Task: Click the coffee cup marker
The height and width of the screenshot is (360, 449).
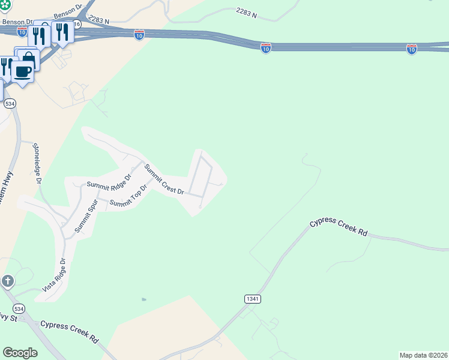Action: pyautogui.click(x=23, y=71)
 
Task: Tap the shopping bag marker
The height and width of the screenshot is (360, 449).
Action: pyautogui.click(x=28, y=58)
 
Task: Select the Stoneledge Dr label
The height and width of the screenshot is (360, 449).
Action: pyautogui.click(x=37, y=163)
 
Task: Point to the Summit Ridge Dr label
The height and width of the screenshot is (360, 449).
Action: pyautogui.click(x=109, y=182)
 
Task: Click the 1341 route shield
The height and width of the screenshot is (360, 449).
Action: pyautogui.click(x=253, y=298)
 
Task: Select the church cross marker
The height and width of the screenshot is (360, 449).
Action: pyautogui.click(x=7, y=281)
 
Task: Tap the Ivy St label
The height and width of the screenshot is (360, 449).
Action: pyautogui.click(x=8, y=316)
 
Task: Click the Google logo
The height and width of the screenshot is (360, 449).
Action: pyautogui.click(x=20, y=353)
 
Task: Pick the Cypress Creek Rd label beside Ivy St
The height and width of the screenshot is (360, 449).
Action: pyautogui.click(x=69, y=331)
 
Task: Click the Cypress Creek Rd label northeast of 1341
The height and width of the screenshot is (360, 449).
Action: pyautogui.click(x=338, y=227)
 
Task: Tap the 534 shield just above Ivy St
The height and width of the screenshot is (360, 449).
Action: pyautogui.click(x=19, y=308)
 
